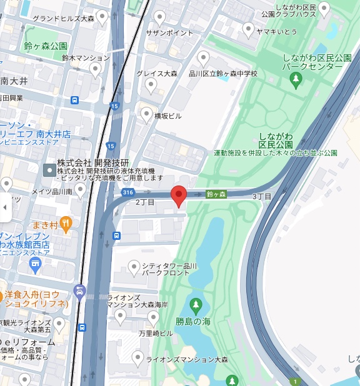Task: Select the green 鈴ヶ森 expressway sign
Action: click(x=216, y=195)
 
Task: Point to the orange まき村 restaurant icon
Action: click(x=66, y=224)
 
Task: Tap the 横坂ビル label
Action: click(x=167, y=116)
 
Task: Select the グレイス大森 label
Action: click(x=157, y=74)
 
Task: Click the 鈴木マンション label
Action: click(x=86, y=57)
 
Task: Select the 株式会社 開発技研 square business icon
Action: click(x=49, y=170)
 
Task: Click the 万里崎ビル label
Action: click(x=156, y=334)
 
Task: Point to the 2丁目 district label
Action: click(x=145, y=202)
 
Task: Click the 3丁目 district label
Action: click(x=262, y=196)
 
